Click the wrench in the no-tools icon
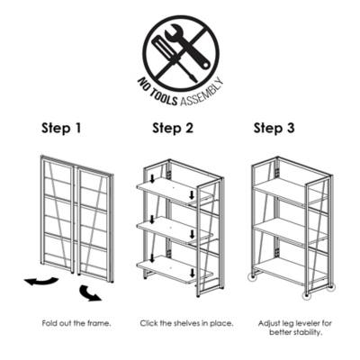(189, 47)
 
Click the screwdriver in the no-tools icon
(174, 58)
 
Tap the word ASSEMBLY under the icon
(202, 94)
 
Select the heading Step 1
(61, 128)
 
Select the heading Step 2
(173, 128)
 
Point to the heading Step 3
(274, 128)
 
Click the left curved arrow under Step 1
(41, 282)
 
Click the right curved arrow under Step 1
(89, 293)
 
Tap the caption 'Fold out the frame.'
(76, 323)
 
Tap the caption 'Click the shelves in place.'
(186, 323)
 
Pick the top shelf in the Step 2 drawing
(174, 191)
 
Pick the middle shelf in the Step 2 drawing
(175, 229)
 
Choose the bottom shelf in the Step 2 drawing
(175, 269)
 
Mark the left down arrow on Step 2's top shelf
(152, 179)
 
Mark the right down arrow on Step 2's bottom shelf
(192, 273)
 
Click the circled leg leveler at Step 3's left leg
(254, 277)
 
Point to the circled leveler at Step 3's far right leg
(330, 287)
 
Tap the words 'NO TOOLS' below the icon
(157, 93)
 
